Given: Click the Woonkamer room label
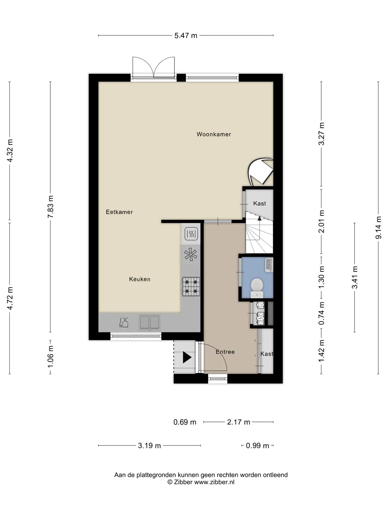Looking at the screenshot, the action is pyautogui.click(x=214, y=134).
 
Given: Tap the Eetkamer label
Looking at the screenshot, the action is pyautogui.click(x=119, y=212).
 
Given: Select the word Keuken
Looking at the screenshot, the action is pyautogui.click(x=140, y=279).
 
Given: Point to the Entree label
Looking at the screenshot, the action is pyautogui.click(x=225, y=352).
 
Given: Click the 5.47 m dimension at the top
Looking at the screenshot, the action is pyautogui.click(x=186, y=36).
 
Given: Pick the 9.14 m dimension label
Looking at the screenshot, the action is pyautogui.click(x=378, y=228).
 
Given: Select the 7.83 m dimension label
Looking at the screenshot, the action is pyautogui.click(x=51, y=207).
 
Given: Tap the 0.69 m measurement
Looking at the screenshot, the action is pyautogui.click(x=185, y=422).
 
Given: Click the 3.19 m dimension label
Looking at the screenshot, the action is pyautogui.click(x=149, y=446).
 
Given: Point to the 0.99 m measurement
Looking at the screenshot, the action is pyautogui.click(x=257, y=446).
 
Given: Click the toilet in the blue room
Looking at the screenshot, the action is pyautogui.click(x=257, y=288).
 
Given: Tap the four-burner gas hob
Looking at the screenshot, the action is pyautogui.click(x=191, y=287).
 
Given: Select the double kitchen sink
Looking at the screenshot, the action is pyautogui.click(x=150, y=322).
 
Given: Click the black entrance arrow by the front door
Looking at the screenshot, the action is pyautogui.click(x=187, y=357).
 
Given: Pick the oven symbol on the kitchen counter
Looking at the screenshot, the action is pyautogui.click(x=191, y=234).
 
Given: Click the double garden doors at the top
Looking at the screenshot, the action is pyautogui.click(x=154, y=67).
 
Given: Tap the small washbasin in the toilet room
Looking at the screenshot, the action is pyautogui.click(x=269, y=265).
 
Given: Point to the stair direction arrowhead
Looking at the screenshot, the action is pyautogui.click(x=259, y=218).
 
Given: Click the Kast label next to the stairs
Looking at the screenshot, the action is pyautogui.click(x=259, y=203).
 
